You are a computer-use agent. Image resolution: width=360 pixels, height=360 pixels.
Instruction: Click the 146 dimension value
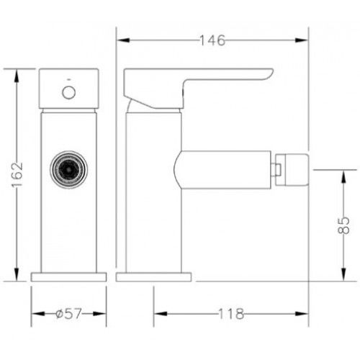click(x=212, y=40)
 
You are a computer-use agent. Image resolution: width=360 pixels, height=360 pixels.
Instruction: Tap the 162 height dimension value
click(x=17, y=175)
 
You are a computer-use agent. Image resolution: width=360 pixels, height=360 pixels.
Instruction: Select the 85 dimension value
click(x=343, y=225)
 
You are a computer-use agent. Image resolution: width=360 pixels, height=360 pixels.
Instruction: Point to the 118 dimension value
click(x=231, y=314)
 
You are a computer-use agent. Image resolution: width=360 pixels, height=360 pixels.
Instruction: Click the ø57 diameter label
click(x=68, y=314)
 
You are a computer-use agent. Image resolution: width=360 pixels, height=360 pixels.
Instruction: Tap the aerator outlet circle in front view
click(x=69, y=169)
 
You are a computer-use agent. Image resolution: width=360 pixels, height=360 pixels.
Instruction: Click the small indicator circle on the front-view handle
click(x=69, y=92)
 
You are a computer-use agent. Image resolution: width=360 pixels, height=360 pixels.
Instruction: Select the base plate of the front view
click(x=68, y=277)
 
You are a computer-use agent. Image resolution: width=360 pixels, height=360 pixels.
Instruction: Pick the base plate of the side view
click(x=153, y=277)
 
